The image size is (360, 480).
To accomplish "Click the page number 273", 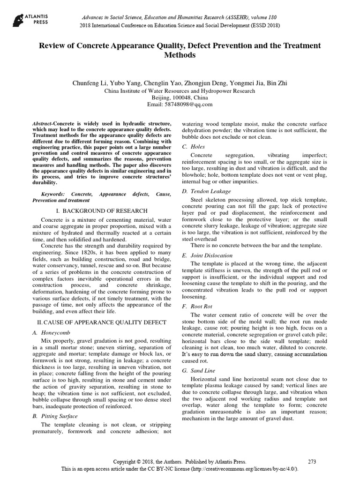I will pyautogui.click(x=312, y=462).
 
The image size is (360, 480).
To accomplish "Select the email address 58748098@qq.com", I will pyautogui.click(x=180, y=105).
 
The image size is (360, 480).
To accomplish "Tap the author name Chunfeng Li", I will pyautogui.click(x=89, y=83).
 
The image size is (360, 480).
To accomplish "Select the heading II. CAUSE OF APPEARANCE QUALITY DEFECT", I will pyautogui.click(x=102, y=322).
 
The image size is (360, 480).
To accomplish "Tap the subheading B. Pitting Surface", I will pyautogui.click(x=55, y=416).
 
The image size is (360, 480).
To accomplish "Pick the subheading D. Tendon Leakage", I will pyautogui.click(x=206, y=191).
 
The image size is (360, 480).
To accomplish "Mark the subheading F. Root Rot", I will pyautogui.click(x=197, y=306).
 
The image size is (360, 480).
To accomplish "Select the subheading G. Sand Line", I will pyautogui.click(x=199, y=370).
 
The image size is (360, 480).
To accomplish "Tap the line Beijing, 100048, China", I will pyautogui.click(x=180, y=97).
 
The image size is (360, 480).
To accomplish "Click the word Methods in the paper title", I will pyautogui.click(x=180, y=55).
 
